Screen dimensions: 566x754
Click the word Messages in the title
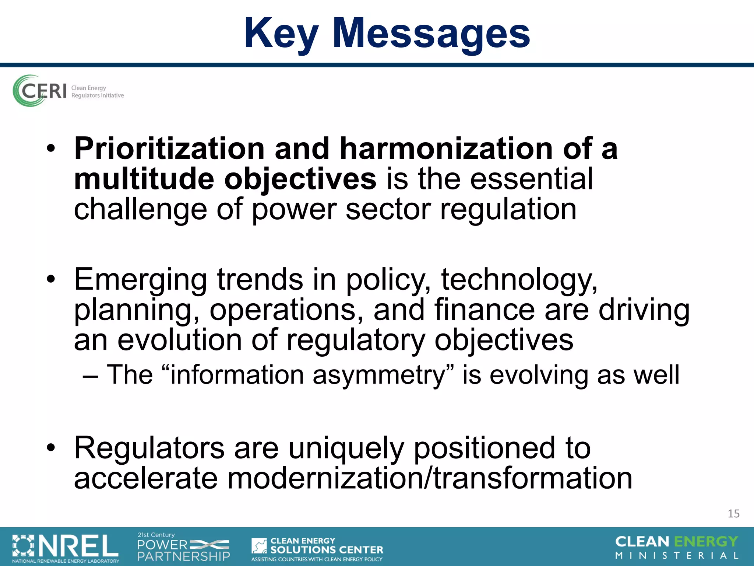pyautogui.click(x=431, y=34)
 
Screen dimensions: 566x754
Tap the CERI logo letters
pyautogui.click(x=43, y=91)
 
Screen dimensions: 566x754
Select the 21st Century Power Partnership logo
pyautogui.click(x=183, y=548)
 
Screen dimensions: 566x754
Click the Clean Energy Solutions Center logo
pyautogui.click(x=317, y=549)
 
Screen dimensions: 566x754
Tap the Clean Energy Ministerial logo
pyautogui.click(x=677, y=548)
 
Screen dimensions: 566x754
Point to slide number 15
pyautogui.click(x=733, y=514)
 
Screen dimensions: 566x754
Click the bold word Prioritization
pyautogui.click(x=169, y=149)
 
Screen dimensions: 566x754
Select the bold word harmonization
pyautogui.click(x=446, y=149)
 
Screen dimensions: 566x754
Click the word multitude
pyautogui.click(x=144, y=179)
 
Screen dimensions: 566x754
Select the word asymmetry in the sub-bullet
pyautogui.click(x=383, y=375)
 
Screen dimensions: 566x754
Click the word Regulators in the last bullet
pyautogui.click(x=149, y=448)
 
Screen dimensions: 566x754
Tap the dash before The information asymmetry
pyautogui.click(x=91, y=376)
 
